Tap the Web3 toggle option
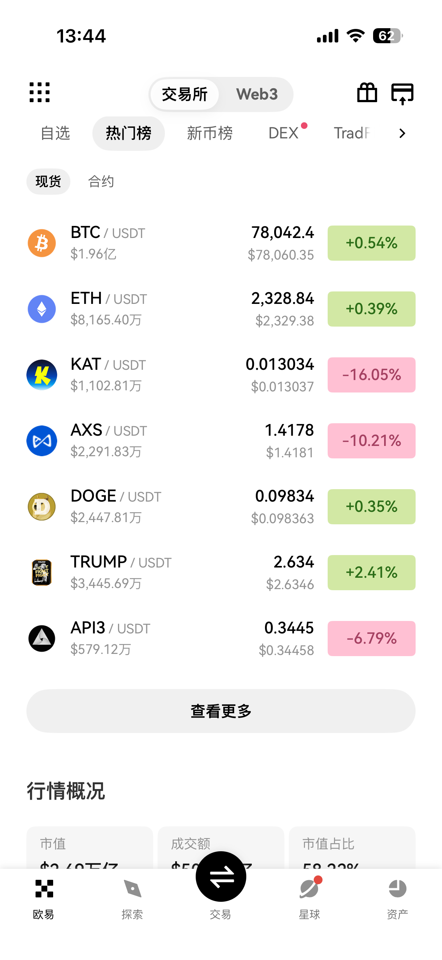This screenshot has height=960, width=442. coord(257,94)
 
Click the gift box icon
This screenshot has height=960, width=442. coord(367,93)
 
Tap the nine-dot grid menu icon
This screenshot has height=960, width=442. coord(40,92)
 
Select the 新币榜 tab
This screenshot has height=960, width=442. coord(210,133)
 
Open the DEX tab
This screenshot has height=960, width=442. coord(283,133)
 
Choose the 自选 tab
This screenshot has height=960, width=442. coord(55,133)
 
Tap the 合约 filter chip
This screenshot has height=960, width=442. coord(101,182)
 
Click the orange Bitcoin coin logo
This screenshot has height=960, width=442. coord(42,243)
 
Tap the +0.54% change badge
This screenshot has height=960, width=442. coord(371,243)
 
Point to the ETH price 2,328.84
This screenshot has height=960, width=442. coord(282,298)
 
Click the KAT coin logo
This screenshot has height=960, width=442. coord(42,375)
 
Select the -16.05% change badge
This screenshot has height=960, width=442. coord(371,375)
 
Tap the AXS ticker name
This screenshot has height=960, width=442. coord(86,430)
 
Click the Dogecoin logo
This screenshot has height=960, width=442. coord(42,507)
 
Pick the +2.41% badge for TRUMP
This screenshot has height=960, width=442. coord(371,572)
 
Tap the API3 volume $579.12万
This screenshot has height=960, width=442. coord(101,650)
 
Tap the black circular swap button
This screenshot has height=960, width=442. coord(221,877)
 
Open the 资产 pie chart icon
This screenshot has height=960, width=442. coord(397,889)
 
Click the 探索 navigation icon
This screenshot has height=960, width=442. coord(132,889)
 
